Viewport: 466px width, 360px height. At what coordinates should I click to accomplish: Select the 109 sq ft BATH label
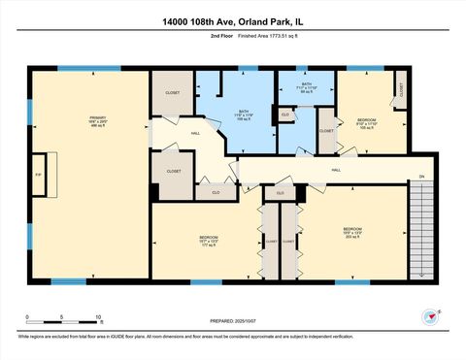point(245,115)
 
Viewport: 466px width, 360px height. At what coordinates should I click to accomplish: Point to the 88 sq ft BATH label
point(307,89)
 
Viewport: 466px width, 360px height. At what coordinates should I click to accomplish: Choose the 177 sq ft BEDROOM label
point(208,241)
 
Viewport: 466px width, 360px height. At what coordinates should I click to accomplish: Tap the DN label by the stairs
point(421,177)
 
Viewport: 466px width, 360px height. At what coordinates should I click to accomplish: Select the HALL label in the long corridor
point(336,171)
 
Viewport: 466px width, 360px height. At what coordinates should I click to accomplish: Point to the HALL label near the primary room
point(195,133)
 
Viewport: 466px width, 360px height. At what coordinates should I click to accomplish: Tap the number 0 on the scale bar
point(28,317)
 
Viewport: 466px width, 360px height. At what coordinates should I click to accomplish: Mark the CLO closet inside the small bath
point(285,115)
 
